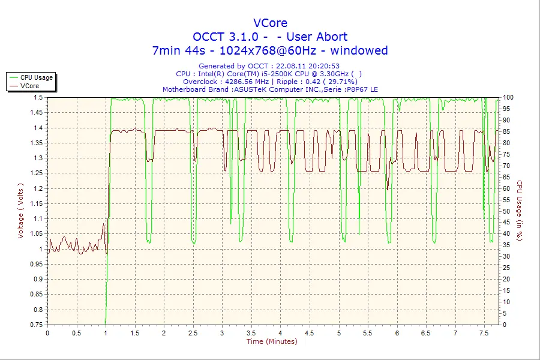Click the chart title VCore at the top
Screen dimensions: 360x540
pyautogui.click(x=270, y=23)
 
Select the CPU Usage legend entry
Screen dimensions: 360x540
pyautogui.click(x=37, y=77)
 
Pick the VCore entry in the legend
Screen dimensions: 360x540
pyautogui.click(x=29, y=86)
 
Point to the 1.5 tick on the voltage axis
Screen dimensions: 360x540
pyautogui.click(x=38, y=97)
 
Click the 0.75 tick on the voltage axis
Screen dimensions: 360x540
pyautogui.click(x=36, y=325)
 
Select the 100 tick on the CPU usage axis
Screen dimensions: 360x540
pyautogui.click(x=508, y=97)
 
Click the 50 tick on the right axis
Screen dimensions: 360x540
pyautogui.click(x=506, y=211)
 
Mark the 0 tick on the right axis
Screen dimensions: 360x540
pyautogui.click(x=504, y=325)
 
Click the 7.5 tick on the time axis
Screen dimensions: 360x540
pyautogui.click(x=484, y=332)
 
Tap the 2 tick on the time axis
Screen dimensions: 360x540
pyautogui.click(x=164, y=332)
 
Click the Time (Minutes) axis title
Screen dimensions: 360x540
pyautogui.click(x=272, y=341)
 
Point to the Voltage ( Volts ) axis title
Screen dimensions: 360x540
pyautogui.click(x=20, y=210)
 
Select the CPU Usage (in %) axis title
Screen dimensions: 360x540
pyautogui.click(x=520, y=210)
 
